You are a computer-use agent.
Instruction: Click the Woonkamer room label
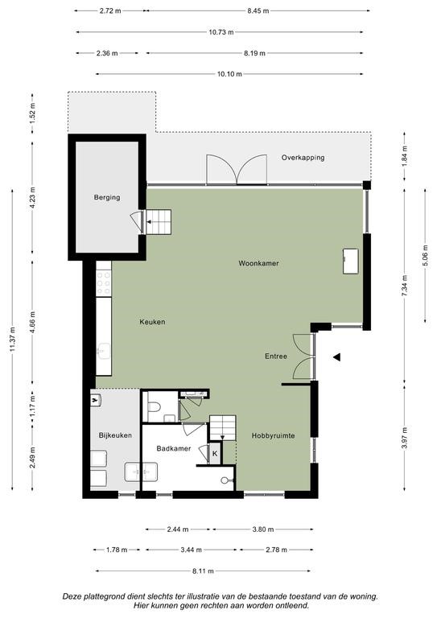tap(258, 263)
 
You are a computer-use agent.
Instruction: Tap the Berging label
tap(107, 197)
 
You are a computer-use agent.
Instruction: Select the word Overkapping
tap(303, 158)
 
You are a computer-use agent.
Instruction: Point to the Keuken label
tap(152, 322)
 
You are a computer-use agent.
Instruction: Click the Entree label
tap(276, 356)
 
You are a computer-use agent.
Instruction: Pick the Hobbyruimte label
tap(273, 436)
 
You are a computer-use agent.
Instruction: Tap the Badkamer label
tap(173, 448)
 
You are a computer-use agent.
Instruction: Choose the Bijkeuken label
tap(115, 435)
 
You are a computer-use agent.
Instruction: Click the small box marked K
tap(215, 454)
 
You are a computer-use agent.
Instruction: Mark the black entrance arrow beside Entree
tap(336, 357)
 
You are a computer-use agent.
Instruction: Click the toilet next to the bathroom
tap(153, 406)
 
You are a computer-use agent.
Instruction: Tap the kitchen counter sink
tap(104, 351)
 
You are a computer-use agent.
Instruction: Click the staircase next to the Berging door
tap(159, 222)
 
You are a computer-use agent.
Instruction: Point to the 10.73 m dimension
tap(221, 32)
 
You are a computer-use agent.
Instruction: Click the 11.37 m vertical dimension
tap(13, 340)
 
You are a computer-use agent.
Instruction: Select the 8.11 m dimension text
tap(203, 571)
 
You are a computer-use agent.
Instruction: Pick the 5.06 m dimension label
tap(425, 255)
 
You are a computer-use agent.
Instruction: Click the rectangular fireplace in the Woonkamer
tap(350, 262)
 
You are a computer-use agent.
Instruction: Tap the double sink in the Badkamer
tap(141, 472)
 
